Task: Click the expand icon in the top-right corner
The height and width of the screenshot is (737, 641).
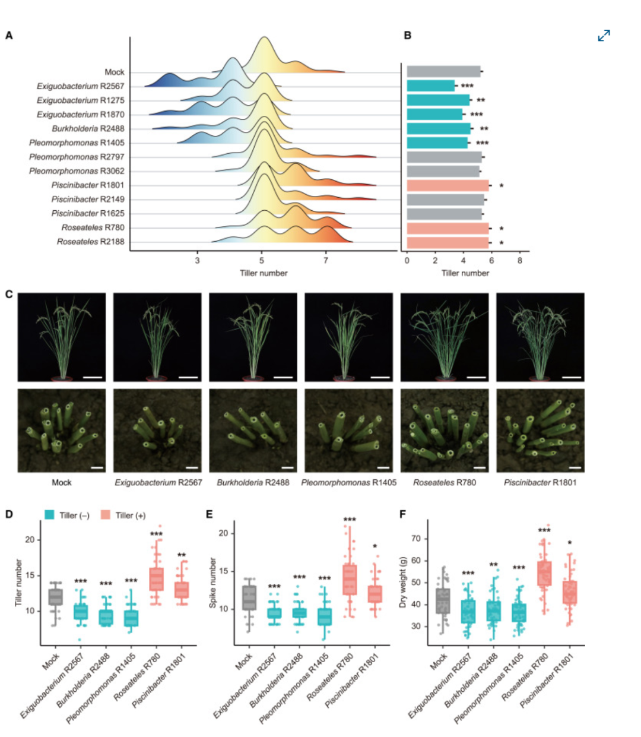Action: [604, 35]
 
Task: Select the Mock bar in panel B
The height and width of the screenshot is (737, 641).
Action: [443, 71]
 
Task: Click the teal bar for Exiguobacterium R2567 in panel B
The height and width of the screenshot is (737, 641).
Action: [430, 86]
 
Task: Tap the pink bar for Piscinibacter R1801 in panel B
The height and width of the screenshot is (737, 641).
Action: [448, 185]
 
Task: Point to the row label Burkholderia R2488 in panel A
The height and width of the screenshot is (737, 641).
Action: [88, 129]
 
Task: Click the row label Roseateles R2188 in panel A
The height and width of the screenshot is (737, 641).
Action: [91, 242]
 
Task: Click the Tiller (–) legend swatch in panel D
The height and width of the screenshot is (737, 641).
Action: [49, 515]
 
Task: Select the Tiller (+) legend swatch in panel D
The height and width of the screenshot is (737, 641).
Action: [106, 515]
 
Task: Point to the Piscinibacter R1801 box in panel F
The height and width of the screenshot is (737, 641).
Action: [570, 592]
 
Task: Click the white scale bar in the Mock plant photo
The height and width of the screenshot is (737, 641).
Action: [93, 378]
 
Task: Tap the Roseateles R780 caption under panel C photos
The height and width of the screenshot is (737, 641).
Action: [445, 482]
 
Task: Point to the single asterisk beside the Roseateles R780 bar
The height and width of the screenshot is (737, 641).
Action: [502, 229]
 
